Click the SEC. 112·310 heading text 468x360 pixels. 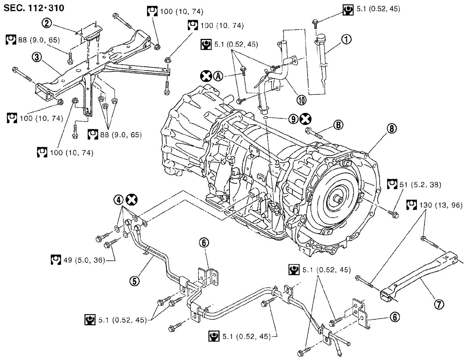coord(34,8)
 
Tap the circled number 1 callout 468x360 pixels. coord(346,39)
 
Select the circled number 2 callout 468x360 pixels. coord(47,23)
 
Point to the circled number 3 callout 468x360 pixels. coord(37,57)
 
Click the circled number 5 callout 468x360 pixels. coord(135,280)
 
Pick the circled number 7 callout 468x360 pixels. coord(439,304)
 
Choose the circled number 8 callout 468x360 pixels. coord(392,129)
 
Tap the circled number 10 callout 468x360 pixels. coord(302,100)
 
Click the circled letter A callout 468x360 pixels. coord(218,76)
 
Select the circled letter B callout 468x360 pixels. coord(338,124)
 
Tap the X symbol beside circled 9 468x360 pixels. coord(306,119)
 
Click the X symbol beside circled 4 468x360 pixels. coord(131,200)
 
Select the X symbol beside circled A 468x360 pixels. coord(206,76)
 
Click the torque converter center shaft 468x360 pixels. coord(338,199)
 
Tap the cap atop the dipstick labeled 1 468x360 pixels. coord(321,38)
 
